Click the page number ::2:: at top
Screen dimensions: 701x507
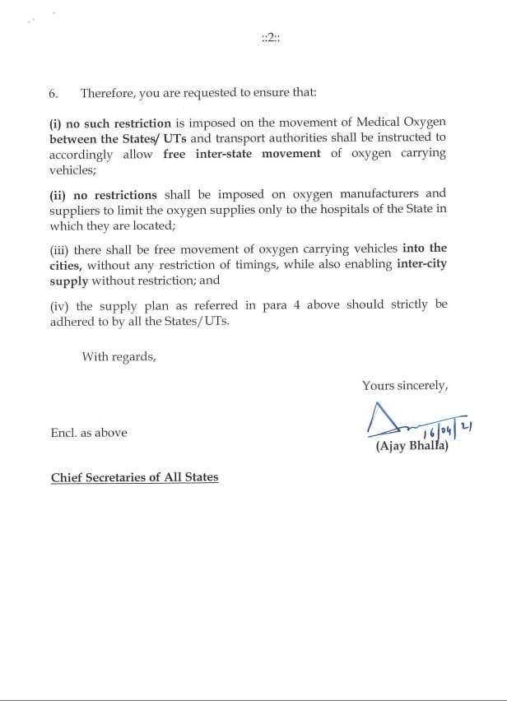tap(270, 39)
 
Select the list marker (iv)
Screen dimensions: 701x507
tap(59, 304)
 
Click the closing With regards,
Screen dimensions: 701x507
tap(118, 357)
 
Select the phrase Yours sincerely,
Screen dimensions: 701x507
tap(404, 385)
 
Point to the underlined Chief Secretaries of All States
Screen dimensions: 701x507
tap(134, 477)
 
